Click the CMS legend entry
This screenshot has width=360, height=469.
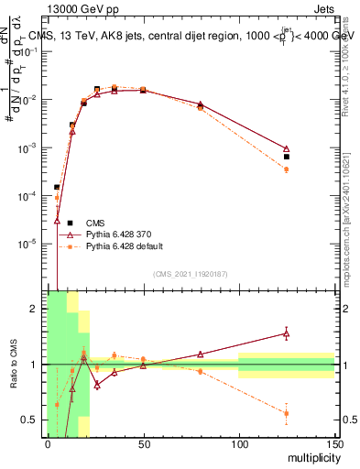point(96,223)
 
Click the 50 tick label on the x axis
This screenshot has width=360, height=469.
point(143,444)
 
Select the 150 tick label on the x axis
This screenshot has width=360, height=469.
point(334,444)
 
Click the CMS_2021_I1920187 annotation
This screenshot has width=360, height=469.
point(190,274)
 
